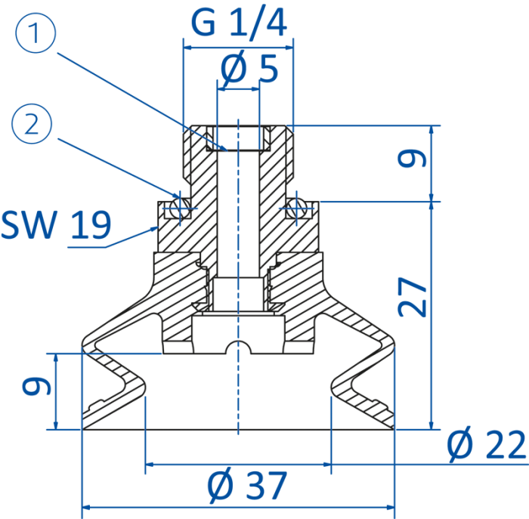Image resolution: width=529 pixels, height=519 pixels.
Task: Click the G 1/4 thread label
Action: [x=239, y=23]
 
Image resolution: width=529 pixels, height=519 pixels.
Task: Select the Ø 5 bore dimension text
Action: [x=249, y=69]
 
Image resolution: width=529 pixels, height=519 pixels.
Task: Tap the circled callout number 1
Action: [x=36, y=33]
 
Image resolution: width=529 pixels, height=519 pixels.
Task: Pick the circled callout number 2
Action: [x=32, y=124]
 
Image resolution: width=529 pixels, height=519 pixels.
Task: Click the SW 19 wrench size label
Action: [x=56, y=224]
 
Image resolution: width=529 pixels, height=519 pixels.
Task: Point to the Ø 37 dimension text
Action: [x=247, y=485]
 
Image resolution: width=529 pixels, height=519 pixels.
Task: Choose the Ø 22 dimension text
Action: [x=487, y=444]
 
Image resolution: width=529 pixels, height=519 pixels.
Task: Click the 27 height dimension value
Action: [x=413, y=297]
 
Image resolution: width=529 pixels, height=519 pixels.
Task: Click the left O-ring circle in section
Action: [x=180, y=209]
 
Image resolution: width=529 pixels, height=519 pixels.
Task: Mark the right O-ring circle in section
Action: [x=296, y=209]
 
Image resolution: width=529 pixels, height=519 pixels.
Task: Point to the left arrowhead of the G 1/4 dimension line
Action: [x=187, y=48]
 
